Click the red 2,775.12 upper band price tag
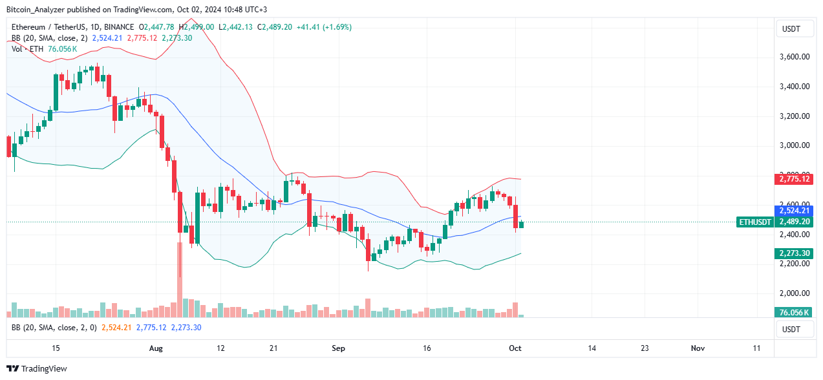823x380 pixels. (793, 178)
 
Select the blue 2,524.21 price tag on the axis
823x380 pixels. (793, 211)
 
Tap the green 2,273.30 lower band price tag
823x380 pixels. (793, 253)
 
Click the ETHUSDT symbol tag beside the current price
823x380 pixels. (754, 222)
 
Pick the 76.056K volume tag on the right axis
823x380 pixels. (793, 313)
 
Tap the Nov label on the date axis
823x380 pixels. (698, 348)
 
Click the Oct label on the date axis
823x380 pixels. (515, 348)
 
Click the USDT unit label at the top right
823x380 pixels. (791, 28)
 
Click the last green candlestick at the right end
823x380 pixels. (521, 224)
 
